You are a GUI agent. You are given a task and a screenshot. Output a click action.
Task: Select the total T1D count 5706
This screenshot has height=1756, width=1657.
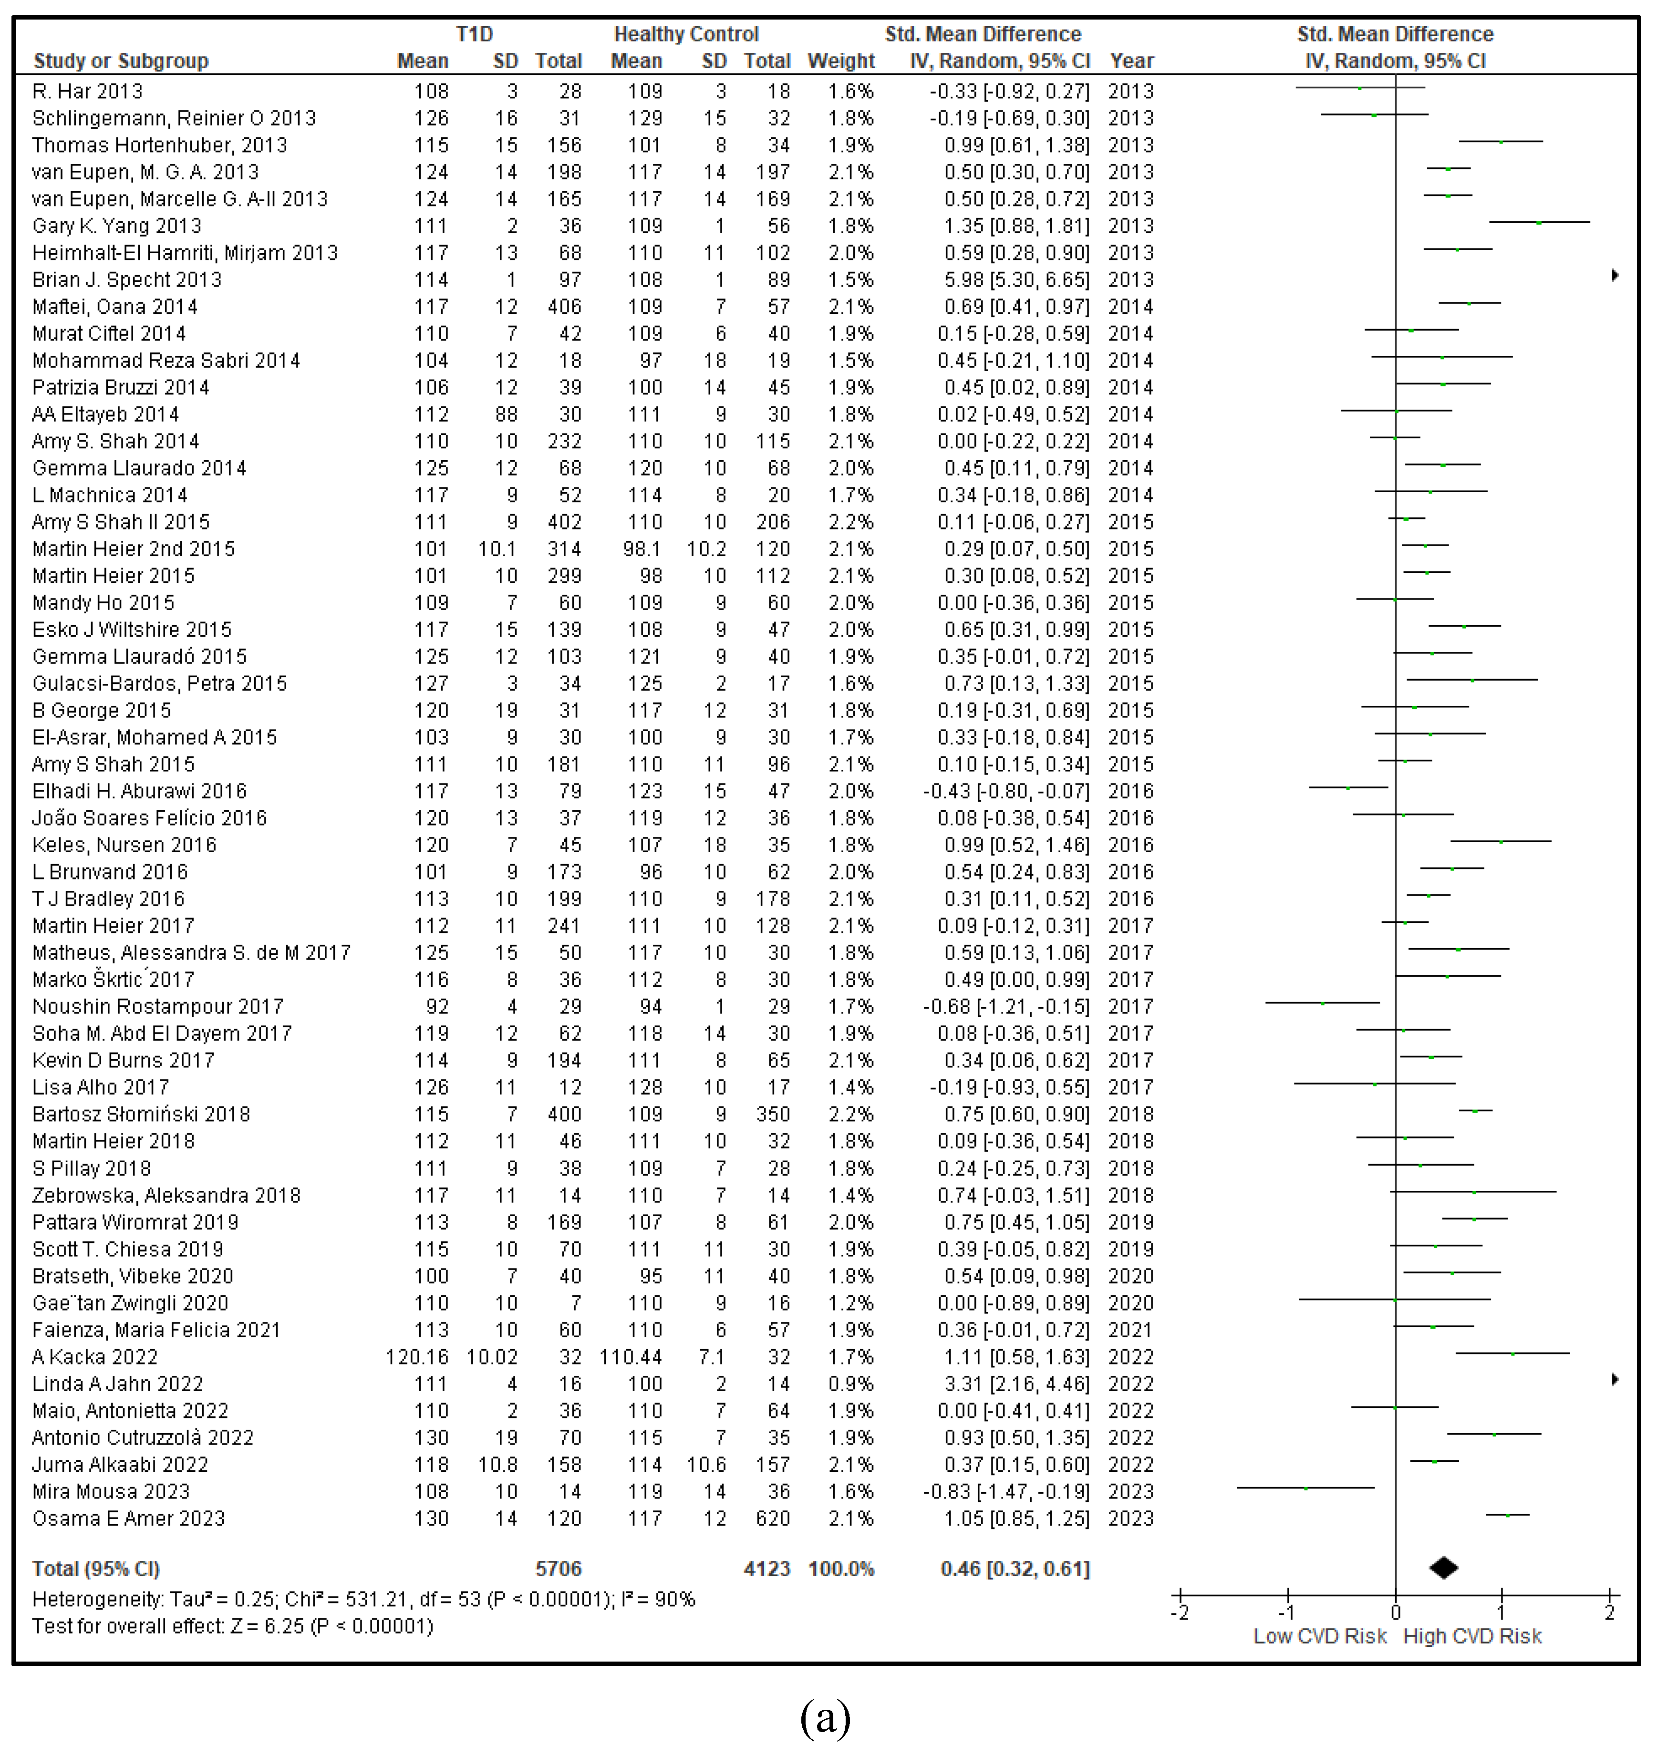[x=558, y=1569]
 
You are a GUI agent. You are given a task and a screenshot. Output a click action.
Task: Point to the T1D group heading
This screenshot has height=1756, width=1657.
[x=474, y=34]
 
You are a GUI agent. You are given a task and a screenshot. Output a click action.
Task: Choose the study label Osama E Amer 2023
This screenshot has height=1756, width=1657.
[x=128, y=1518]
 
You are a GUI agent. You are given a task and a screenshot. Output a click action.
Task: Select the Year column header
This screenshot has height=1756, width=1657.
[x=1131, y=61]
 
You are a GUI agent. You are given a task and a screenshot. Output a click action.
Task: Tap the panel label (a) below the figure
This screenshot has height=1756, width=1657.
[x=825, y=1718]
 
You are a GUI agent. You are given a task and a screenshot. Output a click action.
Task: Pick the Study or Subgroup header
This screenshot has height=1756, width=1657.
[x=121, y=61]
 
